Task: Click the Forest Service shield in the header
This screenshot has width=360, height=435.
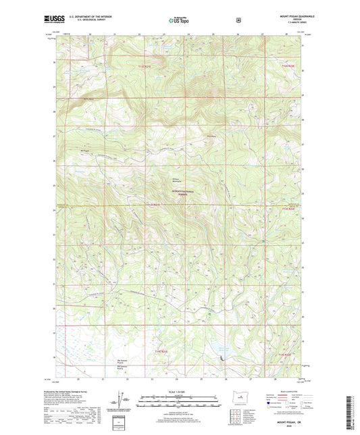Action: pos(238,20)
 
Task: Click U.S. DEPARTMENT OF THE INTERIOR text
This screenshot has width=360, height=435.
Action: pos(95,17)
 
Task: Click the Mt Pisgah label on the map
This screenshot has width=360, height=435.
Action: pos(84,151)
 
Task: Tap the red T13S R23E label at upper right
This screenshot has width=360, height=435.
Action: pos(288,66)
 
